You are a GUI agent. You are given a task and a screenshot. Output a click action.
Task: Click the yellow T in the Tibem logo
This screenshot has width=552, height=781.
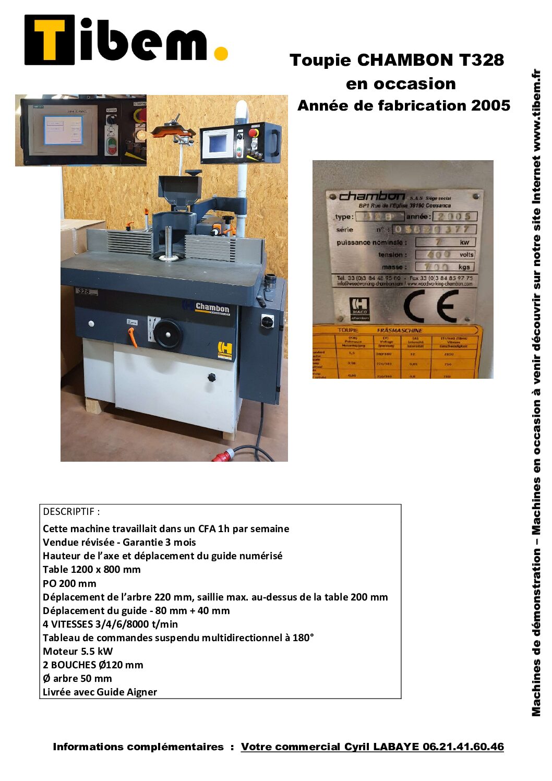click(50, 40)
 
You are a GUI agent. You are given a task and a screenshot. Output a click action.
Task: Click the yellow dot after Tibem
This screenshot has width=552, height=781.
click(221, 53)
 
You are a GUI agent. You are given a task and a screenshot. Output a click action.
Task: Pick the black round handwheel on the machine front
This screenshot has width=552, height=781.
click(167, 332)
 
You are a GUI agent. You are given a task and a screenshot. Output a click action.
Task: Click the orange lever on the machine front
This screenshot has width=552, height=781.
click(133, 338)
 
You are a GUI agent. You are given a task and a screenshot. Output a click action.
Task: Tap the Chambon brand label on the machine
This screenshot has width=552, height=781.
click(212, 308)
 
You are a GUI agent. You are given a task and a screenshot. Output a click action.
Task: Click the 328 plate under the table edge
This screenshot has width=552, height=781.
click(83, 291)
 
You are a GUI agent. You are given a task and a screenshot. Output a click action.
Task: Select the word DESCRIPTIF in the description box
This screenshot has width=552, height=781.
click(69, 512)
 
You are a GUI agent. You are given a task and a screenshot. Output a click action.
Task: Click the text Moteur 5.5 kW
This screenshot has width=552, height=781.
click(78, 651)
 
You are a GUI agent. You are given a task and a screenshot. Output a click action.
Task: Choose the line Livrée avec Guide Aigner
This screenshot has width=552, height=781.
click(100, 692)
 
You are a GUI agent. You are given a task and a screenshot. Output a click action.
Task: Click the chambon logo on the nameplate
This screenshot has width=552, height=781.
click(371, 196)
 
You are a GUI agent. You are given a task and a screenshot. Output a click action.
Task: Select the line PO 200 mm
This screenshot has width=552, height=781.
click(69, 583)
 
